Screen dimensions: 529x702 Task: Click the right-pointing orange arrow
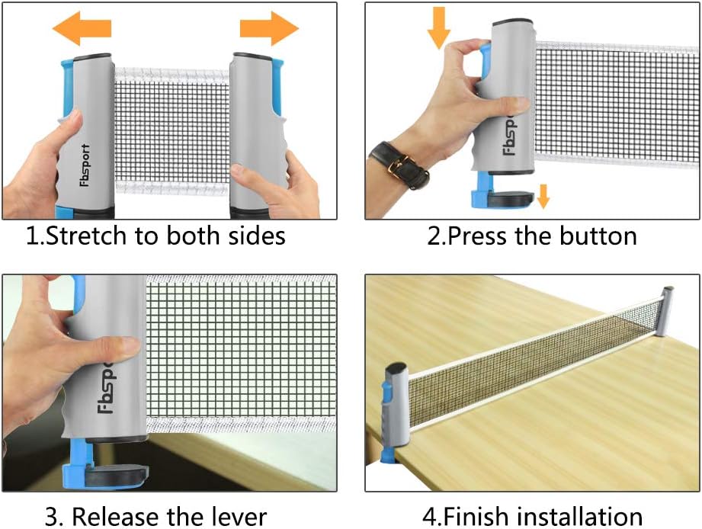tap(269, 28)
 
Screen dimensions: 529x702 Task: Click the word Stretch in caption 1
tap(81, 236)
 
